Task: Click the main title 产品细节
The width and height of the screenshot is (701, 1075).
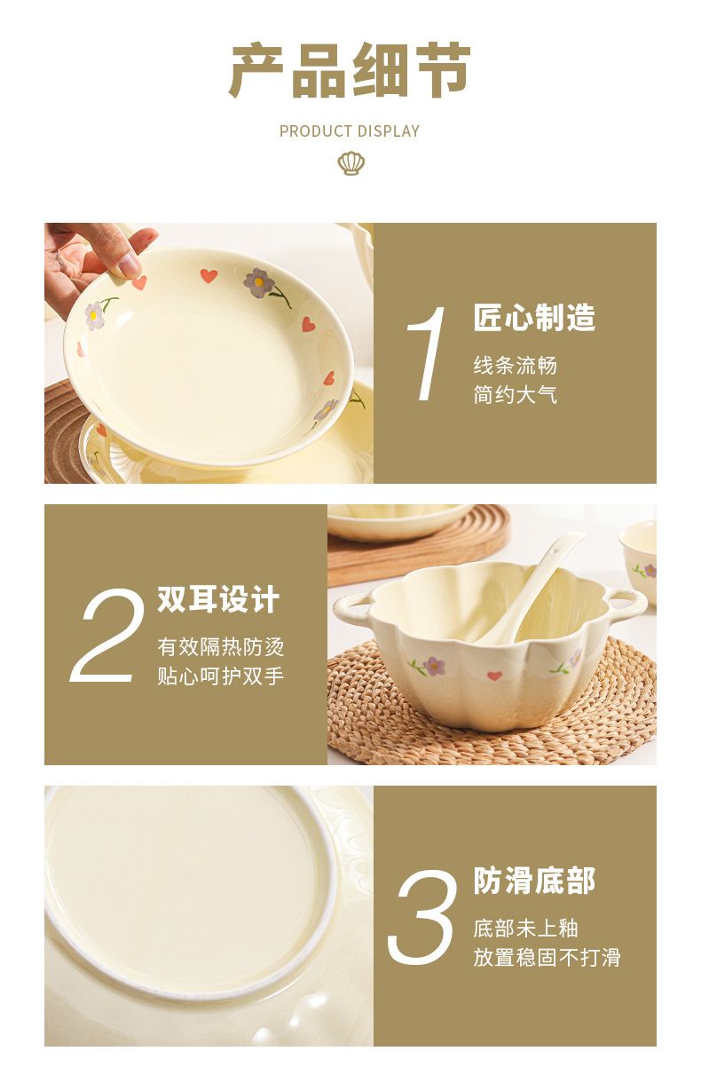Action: tap(350, 70)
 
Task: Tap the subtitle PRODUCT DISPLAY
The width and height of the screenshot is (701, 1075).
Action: tap(350, 131)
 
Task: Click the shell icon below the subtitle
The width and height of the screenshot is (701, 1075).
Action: tap(350, 163)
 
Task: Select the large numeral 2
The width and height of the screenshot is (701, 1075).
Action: tap(106, 635)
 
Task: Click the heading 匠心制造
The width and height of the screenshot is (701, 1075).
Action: tap(534, 317)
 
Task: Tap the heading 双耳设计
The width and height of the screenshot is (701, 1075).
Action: tap(218, 599)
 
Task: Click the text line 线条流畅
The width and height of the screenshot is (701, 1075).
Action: tap(516, 365)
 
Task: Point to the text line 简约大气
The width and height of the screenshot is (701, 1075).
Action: tap(516, 394)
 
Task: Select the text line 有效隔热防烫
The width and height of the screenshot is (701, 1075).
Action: tap(221, 647)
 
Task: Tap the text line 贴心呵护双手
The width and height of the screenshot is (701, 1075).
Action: tap(221, 676)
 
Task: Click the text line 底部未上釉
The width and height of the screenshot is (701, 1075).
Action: tap(526, 929)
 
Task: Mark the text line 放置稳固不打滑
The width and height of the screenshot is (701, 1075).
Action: tap(547, 958)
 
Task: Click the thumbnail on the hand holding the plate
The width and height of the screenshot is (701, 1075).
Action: tap(129, 264)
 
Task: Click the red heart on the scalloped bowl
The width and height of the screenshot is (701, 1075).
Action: tap(494, 676)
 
